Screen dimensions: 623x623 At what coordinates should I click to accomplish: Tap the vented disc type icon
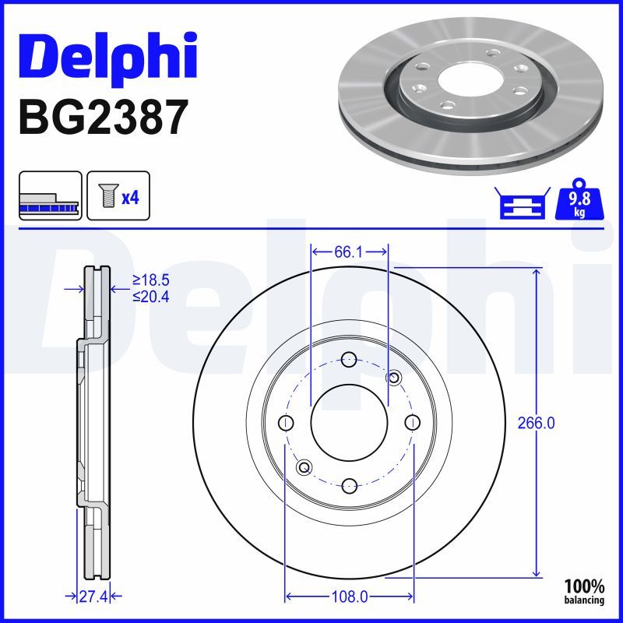pos(50,196)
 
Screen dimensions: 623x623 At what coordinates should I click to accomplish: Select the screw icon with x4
pos(118,196)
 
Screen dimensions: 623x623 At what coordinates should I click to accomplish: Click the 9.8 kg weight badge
pos(579,202)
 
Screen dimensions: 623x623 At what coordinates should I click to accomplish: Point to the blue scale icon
pos(523,203)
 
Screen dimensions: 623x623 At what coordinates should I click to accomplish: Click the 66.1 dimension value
pos(350,252)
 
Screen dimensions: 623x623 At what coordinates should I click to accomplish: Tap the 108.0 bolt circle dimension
pos(349,597)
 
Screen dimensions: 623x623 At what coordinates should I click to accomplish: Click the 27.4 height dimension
pos(92,597)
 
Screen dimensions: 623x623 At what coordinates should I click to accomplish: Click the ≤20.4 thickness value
pos(150,295)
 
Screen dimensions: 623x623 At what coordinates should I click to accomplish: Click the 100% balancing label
pos(584,591)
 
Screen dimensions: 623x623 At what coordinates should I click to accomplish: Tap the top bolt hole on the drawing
pos(349,360)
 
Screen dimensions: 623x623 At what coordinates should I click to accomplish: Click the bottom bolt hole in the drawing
pos(349,485)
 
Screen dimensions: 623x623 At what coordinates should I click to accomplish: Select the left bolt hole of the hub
pos(287,423)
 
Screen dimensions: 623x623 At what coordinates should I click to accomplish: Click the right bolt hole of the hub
pos(412,422)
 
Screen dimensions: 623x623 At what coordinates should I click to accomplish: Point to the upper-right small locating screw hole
pos(394,378)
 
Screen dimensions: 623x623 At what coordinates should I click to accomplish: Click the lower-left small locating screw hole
pos(304,467)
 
